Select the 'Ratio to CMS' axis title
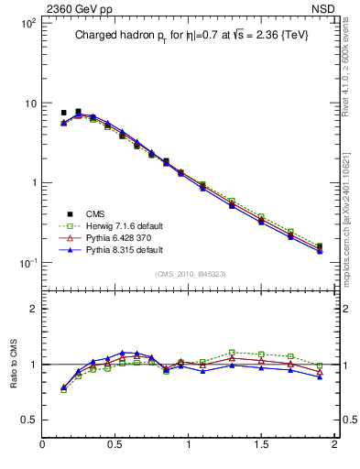point(16,365)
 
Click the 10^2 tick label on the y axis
point(27,23)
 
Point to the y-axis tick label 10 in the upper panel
point(30,104)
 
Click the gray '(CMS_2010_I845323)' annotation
point(189,274)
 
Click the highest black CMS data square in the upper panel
point(78,112)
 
